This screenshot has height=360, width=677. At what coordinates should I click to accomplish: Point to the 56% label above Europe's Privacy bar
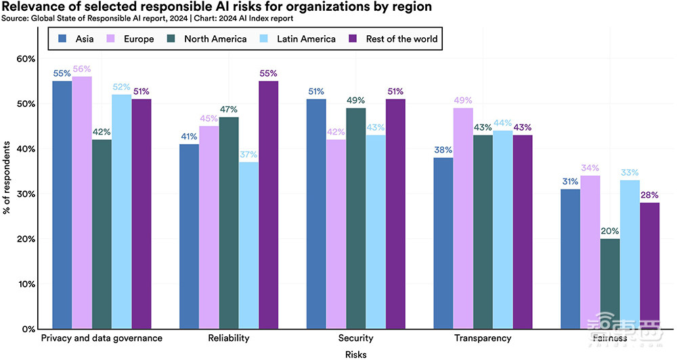81,70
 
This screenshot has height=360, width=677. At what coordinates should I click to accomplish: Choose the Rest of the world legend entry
393,39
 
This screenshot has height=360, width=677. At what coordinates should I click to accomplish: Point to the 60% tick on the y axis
26,59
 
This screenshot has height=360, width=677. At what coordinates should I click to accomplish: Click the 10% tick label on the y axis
26,284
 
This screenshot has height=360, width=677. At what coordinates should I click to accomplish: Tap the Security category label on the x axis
355,338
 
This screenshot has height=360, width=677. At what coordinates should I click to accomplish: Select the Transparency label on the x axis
483,338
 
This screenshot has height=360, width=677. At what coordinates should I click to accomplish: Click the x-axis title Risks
355,354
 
